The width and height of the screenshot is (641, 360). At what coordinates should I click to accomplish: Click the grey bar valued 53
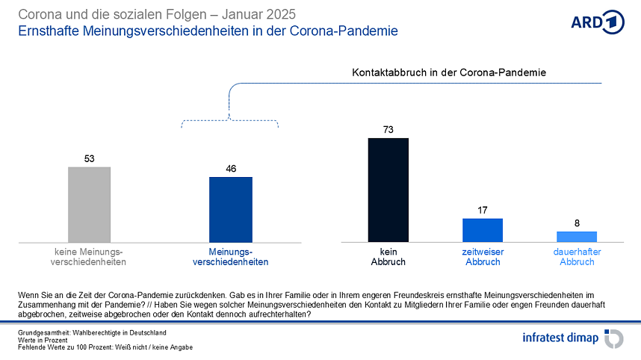89,204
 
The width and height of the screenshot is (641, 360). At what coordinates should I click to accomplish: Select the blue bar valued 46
230,209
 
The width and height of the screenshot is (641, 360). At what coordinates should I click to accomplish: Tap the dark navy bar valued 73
388,190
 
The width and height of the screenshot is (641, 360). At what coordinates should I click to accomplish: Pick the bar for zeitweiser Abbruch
482,230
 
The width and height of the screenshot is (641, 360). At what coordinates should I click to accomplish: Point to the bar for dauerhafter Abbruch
577,236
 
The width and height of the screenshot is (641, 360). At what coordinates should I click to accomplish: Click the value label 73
388,130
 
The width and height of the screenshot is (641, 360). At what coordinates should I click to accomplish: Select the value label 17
482,210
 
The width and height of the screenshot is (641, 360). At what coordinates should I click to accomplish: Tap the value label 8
577,223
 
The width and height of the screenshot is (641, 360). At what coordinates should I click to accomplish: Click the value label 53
89,158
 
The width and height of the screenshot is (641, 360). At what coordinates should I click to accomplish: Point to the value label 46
230,169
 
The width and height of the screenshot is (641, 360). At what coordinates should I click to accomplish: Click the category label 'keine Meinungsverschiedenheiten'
88,257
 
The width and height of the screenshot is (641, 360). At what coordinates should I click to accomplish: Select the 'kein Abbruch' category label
388,257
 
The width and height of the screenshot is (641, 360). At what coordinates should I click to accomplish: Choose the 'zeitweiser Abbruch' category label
482,257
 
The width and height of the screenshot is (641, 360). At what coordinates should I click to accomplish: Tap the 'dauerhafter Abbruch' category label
577,257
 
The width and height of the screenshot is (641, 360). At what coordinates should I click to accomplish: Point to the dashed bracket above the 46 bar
230,121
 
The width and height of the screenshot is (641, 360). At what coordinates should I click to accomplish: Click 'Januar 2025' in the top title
254,14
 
